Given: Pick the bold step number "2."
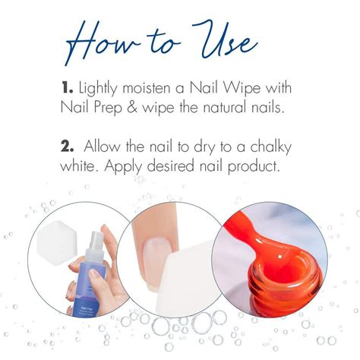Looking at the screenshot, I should pyautogui.click(x=68, y=144).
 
